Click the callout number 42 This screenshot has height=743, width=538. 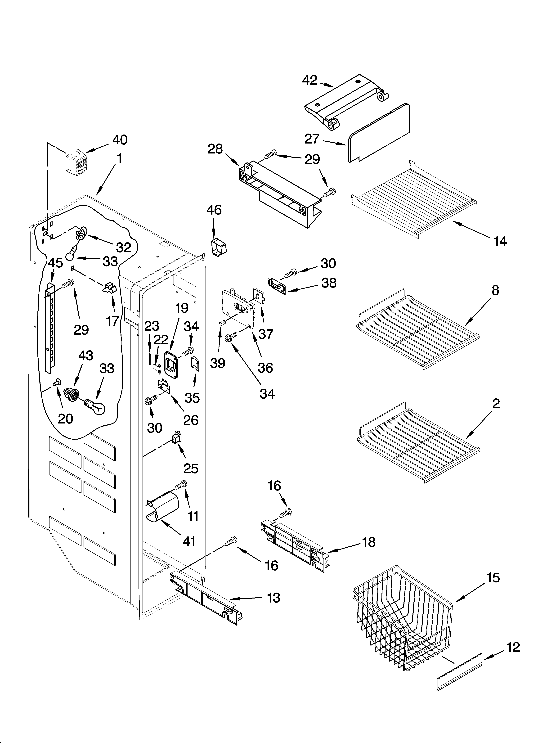point(310,80)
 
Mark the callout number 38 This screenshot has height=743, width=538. point(329,283)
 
